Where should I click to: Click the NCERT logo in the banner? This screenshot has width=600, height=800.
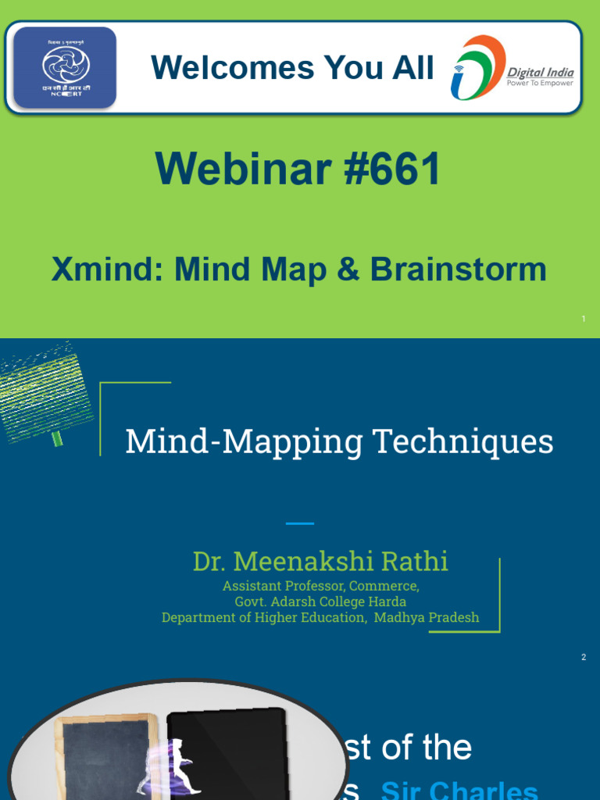[65, 67]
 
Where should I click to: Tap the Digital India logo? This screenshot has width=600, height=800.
[512, 68]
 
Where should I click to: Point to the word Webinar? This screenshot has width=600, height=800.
[243, 169]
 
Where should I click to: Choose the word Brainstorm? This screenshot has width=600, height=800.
[458, 270]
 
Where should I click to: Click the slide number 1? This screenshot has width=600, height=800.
[584, 319]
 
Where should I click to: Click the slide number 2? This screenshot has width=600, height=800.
[584, 657]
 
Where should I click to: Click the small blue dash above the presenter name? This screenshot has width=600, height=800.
[299, 523]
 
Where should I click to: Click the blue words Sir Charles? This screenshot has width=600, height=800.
[459, 790]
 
